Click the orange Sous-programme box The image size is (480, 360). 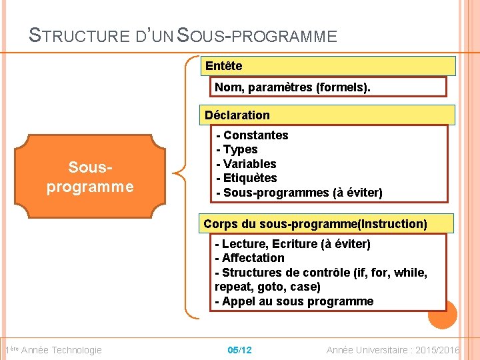90,177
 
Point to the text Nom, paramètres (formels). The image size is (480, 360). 293,87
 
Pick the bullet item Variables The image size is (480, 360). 246,164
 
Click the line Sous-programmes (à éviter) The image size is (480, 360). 299,193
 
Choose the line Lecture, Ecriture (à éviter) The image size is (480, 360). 293,244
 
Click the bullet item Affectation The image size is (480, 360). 250,258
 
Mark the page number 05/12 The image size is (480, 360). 239,350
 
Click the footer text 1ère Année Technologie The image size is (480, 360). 53,350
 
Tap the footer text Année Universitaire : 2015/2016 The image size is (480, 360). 393,350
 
